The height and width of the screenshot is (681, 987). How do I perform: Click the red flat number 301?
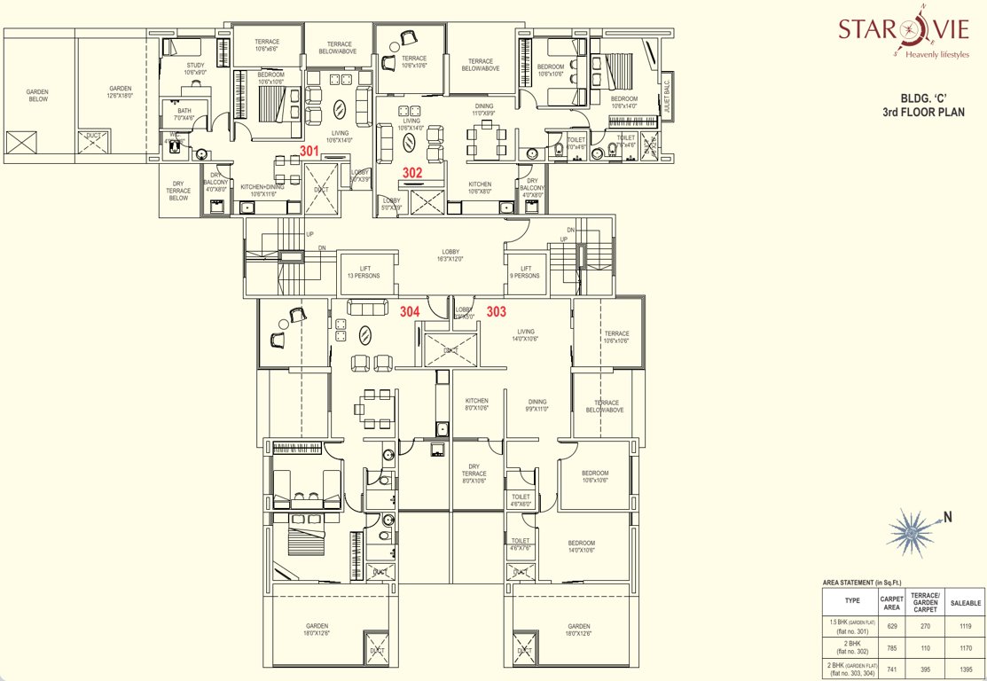(x=309, y=152)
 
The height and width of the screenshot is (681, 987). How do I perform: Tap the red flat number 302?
(x=411, y=174)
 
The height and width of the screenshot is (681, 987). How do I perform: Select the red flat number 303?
(x=497, y=311)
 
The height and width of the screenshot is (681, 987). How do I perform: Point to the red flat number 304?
(x=410, y=311)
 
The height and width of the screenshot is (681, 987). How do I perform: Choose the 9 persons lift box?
(x=525, y=272)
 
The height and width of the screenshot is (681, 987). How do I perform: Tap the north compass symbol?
(x=911, y=529)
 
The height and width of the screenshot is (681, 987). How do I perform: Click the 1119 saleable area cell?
(x=964, y=625)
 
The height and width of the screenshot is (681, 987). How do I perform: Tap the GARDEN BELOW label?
(x=37, y=95)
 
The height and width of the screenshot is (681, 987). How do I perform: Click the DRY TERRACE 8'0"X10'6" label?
(x=474, y=477)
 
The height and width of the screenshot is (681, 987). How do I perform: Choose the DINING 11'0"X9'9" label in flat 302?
(x=483, y=110)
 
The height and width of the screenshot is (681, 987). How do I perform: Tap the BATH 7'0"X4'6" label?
(x=184, y=113)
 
